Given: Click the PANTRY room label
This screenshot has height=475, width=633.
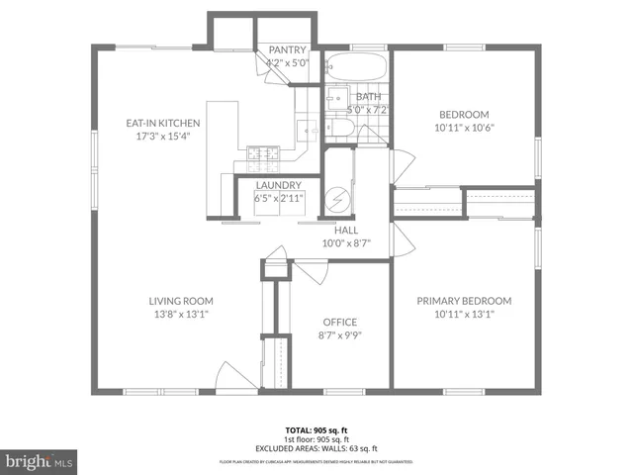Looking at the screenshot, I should click(x=287, y=50).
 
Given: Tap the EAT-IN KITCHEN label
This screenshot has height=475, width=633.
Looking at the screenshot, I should click(x=163, y=123).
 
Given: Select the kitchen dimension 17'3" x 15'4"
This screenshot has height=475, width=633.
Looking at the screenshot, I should click(x=163, y=136).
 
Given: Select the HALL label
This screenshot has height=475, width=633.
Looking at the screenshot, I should click(x=345, y=230).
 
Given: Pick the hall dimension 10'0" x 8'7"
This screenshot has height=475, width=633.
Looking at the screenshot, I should click(x=345, y=242).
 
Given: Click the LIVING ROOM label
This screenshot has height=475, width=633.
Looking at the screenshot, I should click(x=181, y=301).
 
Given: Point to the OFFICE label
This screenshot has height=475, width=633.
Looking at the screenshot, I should click(x=340, y=323).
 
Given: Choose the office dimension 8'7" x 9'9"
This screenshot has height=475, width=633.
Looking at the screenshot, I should click(x=340, y=335).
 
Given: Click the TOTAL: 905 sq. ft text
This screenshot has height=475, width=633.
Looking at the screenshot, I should click(x=316, y=430).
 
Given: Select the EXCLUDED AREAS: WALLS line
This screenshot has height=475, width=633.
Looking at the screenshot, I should click(x=316, y=448).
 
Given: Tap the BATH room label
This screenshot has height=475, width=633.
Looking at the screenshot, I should click(x=368, y=96).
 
